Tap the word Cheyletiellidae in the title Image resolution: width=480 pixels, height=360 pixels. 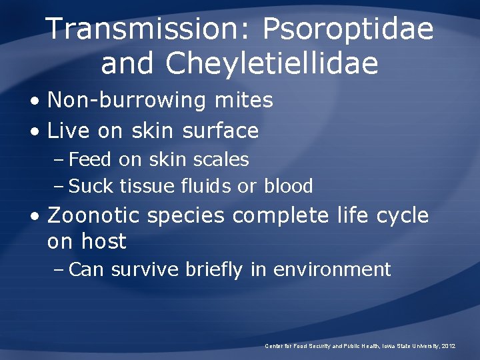(272, 64)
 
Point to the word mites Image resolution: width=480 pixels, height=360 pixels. (243, 100)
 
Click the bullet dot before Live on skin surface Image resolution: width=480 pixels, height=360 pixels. (35, 131)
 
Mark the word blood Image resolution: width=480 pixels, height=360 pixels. (288, 186)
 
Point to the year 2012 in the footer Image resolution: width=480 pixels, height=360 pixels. (448, 346)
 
